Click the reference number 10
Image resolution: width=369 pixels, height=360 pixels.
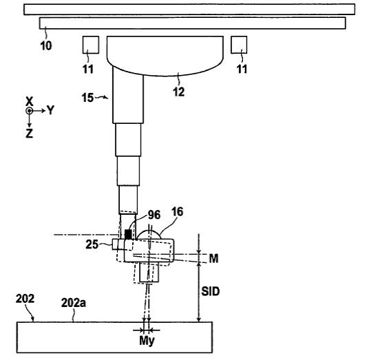click(46, 45)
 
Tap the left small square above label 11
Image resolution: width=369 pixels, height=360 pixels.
click(91, 45)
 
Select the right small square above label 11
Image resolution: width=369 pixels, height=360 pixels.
click(239, 45)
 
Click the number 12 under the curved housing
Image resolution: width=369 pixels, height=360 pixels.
click(179, 92)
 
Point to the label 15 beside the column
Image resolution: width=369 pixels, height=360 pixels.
click(87, 98)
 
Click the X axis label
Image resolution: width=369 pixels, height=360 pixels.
click(29, 101)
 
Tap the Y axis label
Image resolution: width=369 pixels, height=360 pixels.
click(50, 110)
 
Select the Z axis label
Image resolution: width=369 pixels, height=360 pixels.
click(29, 134)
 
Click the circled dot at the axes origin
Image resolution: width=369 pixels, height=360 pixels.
click(29, 111)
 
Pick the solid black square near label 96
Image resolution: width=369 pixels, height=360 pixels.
click(128, 234)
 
